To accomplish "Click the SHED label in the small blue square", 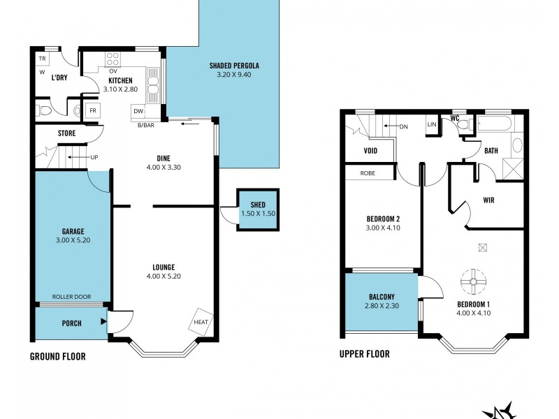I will click(x=259, y=204).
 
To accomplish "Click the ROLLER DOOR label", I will click(x=73, y=297).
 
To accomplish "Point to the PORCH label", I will click(x=71, y=323).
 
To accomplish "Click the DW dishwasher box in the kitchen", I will click(x=138, y=112).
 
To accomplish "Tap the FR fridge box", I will click(x=92, y=111).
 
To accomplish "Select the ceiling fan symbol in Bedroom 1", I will click(x=473, y=282).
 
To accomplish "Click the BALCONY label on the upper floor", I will click(x=382, y=296).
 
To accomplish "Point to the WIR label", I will click(x=489, y=200).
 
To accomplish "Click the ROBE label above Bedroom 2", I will click(x=367, y=172).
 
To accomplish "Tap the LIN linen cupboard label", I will click(x=431, y=124).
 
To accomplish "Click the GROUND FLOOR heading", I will click(x=57, y=356).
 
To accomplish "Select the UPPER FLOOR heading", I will click(x=364, y=354).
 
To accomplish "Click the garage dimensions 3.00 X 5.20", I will click(x=73, y=240).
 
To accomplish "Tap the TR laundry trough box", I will click(x=42, y=59).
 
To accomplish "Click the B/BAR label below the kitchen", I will click(x=145, y=125).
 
